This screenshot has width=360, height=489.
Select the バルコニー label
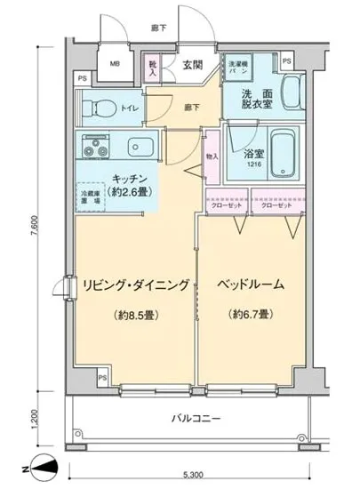pos(196,418)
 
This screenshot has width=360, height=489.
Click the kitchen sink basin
pos(139,146)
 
